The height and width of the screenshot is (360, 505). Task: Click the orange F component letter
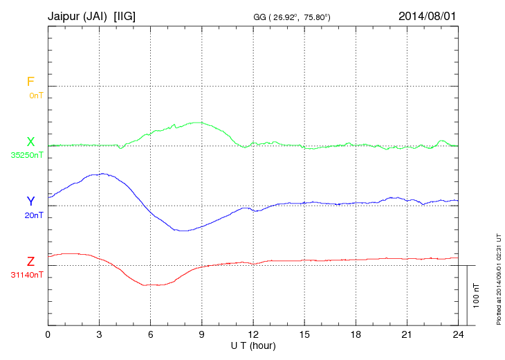[30, 82]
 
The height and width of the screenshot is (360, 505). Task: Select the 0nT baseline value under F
[36, 95]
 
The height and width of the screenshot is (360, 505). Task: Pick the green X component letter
[30, 142]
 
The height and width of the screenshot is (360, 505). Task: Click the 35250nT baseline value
[27, 155]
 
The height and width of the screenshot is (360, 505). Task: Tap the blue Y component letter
[30, 201]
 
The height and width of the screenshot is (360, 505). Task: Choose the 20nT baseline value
[34, 215]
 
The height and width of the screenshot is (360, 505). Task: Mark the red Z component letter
[30, 262]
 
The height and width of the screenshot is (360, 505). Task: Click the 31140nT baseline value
[27, 275]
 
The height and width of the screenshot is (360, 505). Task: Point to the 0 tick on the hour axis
[48, 334]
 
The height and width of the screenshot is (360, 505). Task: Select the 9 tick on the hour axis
[202, 334]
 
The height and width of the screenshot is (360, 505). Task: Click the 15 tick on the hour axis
[304, 334]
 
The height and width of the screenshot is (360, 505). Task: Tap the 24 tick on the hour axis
[458, 334]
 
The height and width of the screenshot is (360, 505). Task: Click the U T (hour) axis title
[253, 345]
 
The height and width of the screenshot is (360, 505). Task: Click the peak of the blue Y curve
[102, 174]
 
